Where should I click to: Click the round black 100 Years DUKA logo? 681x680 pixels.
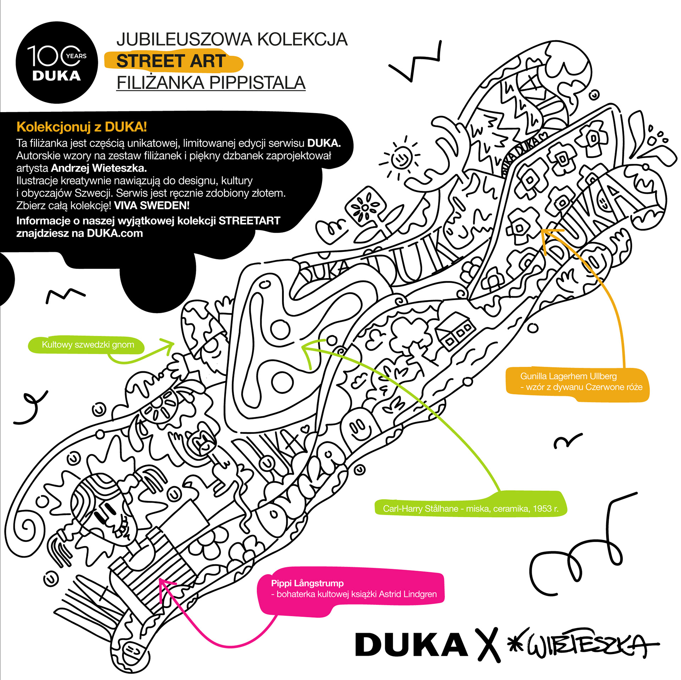[x=57, y=62]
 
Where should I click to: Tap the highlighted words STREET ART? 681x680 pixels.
[x=171, y=61]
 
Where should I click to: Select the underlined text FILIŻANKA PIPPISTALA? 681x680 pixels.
[x=211, y=83]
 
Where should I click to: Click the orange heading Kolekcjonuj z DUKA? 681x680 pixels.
[x=82, y=127]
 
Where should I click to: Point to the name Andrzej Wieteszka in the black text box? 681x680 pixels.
[x=99, y=168]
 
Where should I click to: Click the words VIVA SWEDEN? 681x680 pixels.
[x=152, y=205]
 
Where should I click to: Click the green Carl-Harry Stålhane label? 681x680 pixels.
[x=471, y=508]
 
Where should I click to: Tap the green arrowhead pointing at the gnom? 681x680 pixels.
[x=167, y=346]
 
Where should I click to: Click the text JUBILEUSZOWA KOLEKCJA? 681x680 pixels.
[x=232, y=39]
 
